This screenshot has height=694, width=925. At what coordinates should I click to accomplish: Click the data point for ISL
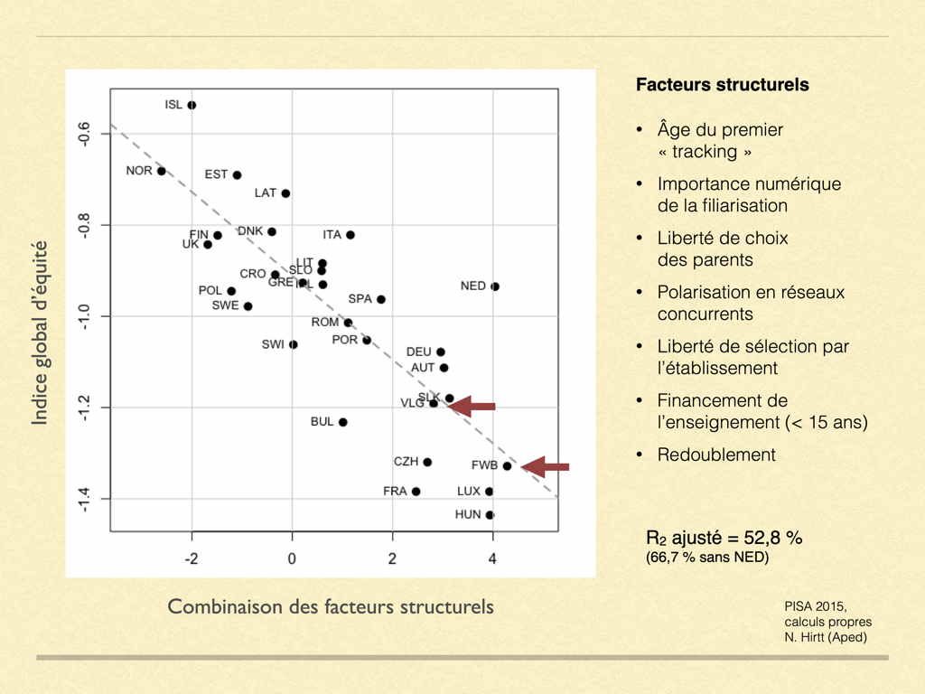coord(192,105)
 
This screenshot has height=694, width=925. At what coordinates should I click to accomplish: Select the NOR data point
coord(162,171)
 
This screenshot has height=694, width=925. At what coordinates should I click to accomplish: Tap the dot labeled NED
coord(495,286)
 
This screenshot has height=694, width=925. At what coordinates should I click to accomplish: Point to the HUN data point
coord(490,515)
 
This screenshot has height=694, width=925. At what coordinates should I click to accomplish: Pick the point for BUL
coord(343,422)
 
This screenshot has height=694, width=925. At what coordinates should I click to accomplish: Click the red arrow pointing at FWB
coord(546,467)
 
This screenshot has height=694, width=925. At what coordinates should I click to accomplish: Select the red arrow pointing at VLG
coord(472,407)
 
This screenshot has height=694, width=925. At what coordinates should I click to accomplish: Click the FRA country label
coord(395,492)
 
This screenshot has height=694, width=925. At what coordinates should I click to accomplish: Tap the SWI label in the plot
coord(273,344)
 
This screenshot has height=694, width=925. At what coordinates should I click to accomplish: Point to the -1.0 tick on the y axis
coord(84,316)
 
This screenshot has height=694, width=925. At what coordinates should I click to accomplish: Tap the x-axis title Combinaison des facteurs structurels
coord(331,606)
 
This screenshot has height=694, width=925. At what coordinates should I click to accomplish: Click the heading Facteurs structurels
coord(722,86)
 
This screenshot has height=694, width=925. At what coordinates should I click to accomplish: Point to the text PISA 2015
coord(815,607)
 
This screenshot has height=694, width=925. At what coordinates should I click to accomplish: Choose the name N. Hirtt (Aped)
coord(825,638)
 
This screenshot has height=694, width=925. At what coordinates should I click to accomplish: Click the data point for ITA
coord(350,235)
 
